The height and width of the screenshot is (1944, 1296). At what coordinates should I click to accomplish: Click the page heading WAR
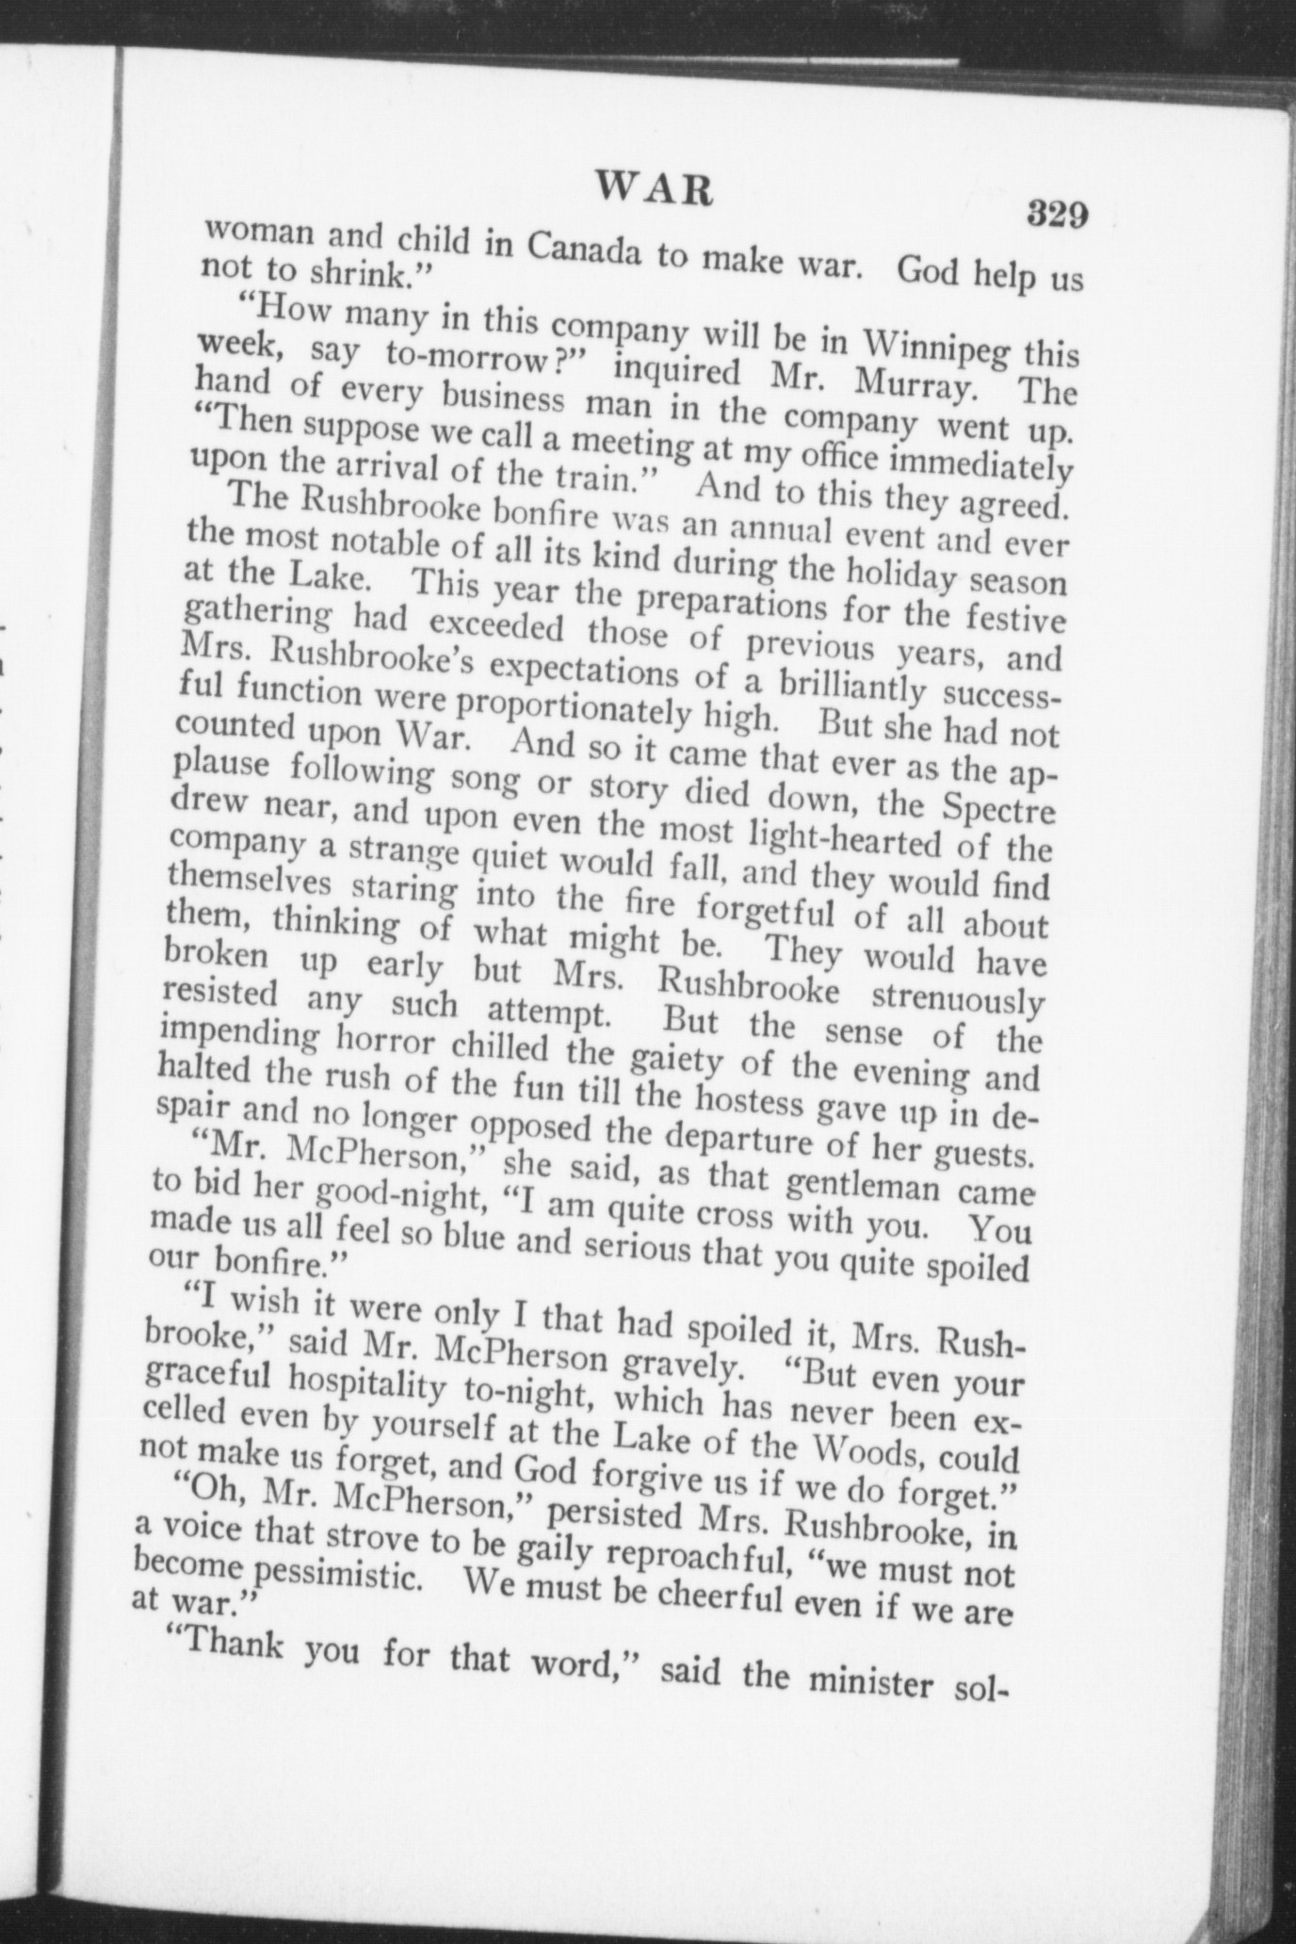[655, 189]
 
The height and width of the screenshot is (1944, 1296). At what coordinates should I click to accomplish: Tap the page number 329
[1058, 214]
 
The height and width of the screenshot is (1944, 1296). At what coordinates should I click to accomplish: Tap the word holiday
[899, 571]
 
